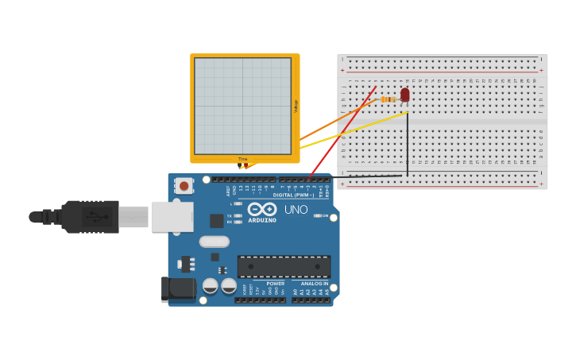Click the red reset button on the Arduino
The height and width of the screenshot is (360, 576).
pyautogui.click(x=184, y=186)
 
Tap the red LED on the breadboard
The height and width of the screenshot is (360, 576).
pyautogui.click(x=404, y=95)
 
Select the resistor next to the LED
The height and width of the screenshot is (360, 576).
pyautogui.click(x=388, y=99)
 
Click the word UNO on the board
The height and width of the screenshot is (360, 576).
pyautogui.click(x=296, y=210)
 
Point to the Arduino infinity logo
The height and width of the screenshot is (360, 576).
pyautogui.click(x=261, y=209)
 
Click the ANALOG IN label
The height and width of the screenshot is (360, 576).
pyautogui.click(x=315, y=284)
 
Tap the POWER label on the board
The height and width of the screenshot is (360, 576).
pyautogui.click(x=275, y=284)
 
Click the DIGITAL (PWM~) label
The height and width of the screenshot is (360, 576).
pyautogui.click(x=292, y=195)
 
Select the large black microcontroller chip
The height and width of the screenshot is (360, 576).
pyautogui.click(x=284, y=266)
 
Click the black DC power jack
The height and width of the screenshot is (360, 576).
pyautogui.click(x=178, y=290)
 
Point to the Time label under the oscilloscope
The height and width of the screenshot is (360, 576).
pyautogui.click(x=242, y=159)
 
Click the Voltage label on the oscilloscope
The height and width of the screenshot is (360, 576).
pyautogui.click(x=296, y=106)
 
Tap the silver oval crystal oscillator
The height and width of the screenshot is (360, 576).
pyautogui.click(x=214, y=242)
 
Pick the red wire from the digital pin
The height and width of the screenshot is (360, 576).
pyautogui.click(x=342, y=134)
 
